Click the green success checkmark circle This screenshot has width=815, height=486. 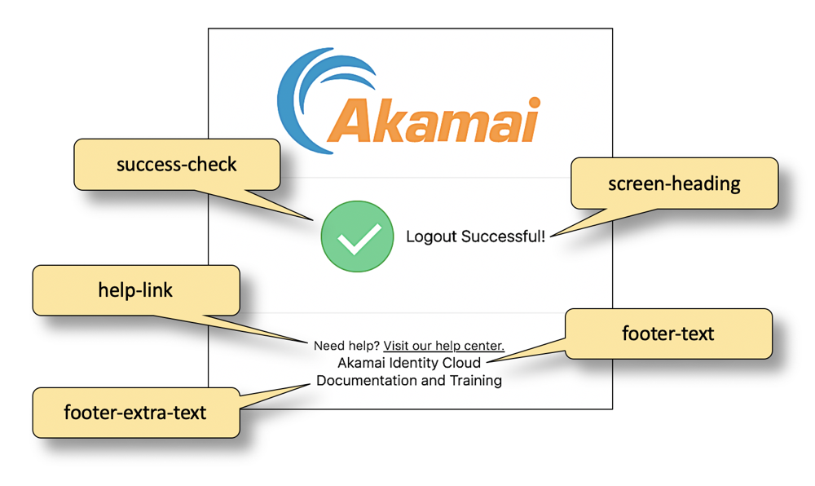coord(357,236)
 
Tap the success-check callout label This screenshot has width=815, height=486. coord(176,164)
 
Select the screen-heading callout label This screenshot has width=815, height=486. coord(674,183)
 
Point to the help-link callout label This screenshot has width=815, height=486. coord(135,289)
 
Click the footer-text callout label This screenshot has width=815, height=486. coord(667,333)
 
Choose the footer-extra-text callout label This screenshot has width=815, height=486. coord(135,412)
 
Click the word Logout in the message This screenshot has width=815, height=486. coord(432,237)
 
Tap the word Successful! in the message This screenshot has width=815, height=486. coord(504,237)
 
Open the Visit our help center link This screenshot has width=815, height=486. coord(444,346)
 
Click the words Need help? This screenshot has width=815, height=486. coord(347,346)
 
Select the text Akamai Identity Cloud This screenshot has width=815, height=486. coord(409,363)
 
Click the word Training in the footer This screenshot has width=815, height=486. coord(476,380)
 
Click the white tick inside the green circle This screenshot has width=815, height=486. coord(358,237)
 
